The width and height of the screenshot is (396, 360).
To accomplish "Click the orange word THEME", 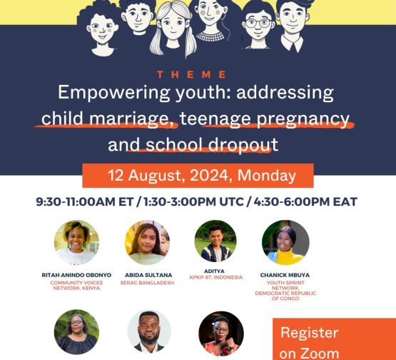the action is pos(191,74).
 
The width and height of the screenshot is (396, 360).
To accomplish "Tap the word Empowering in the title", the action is pos(114,93).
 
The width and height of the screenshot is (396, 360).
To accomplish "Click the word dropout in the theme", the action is pos(243,145).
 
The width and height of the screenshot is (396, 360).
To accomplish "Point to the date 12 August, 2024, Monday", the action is pos(202,175).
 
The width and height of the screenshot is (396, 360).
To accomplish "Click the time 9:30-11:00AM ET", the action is pos(85,201).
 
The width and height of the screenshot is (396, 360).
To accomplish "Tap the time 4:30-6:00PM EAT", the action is pos(305,201).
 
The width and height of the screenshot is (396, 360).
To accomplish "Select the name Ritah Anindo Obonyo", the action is pos(76,275).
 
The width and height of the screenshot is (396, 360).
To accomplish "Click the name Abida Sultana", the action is pos(148,275).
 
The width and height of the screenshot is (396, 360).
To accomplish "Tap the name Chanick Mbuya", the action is pos(285,275).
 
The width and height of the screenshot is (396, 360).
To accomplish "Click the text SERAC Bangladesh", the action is pos(147,283).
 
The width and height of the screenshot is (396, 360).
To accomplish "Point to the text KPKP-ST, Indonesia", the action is pos(216,277).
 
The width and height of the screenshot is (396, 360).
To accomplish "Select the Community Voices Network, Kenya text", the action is pos(76,285).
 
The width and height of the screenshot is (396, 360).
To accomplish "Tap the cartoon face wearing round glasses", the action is pos(258,26).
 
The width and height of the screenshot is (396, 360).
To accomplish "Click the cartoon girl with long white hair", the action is pos(173,29).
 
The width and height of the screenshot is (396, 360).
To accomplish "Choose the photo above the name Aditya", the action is pos(215,241).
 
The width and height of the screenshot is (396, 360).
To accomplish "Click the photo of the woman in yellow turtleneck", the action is pos(285,242).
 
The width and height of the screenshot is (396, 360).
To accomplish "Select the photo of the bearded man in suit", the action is pos(149,331).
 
